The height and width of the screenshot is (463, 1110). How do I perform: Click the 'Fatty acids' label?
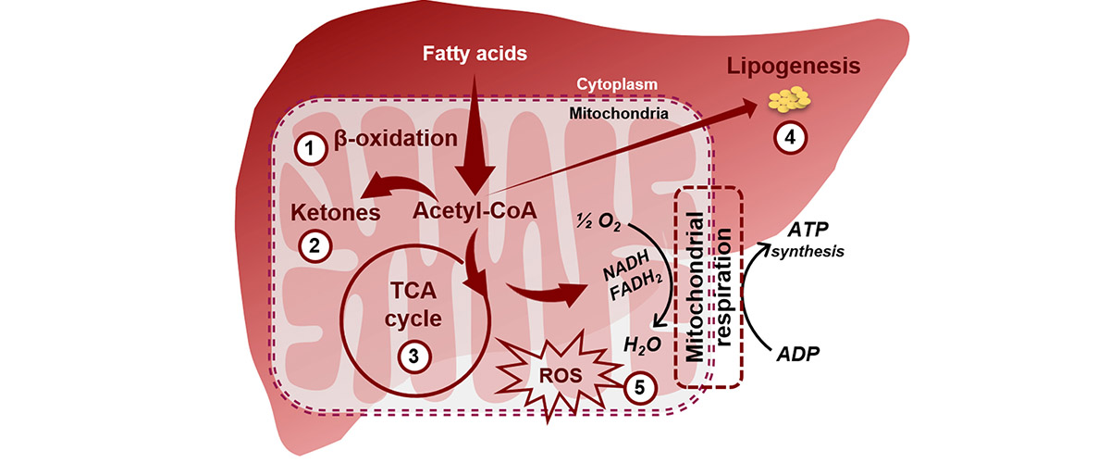tap(475, 54)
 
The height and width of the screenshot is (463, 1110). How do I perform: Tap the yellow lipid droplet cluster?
tap(789, 97)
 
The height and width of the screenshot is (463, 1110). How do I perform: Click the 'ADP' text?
tap(797, 355)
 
